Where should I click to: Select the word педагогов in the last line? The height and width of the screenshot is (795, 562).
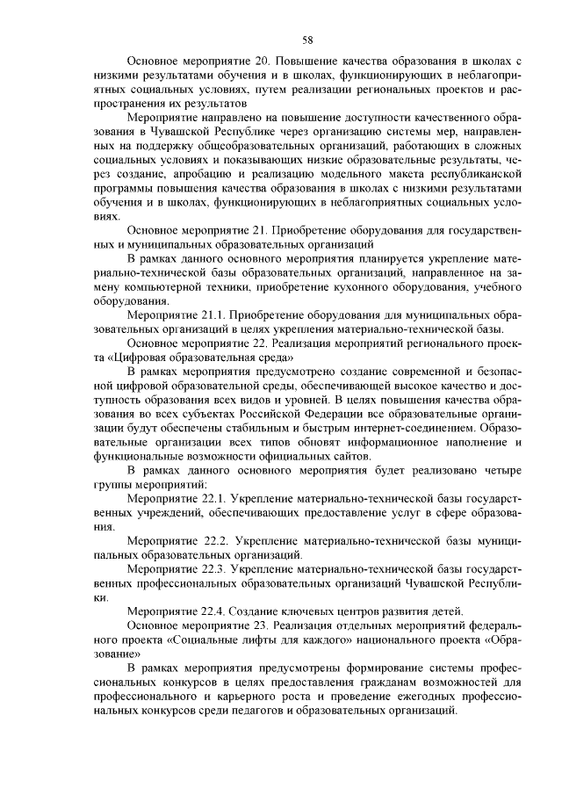(256, 710)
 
